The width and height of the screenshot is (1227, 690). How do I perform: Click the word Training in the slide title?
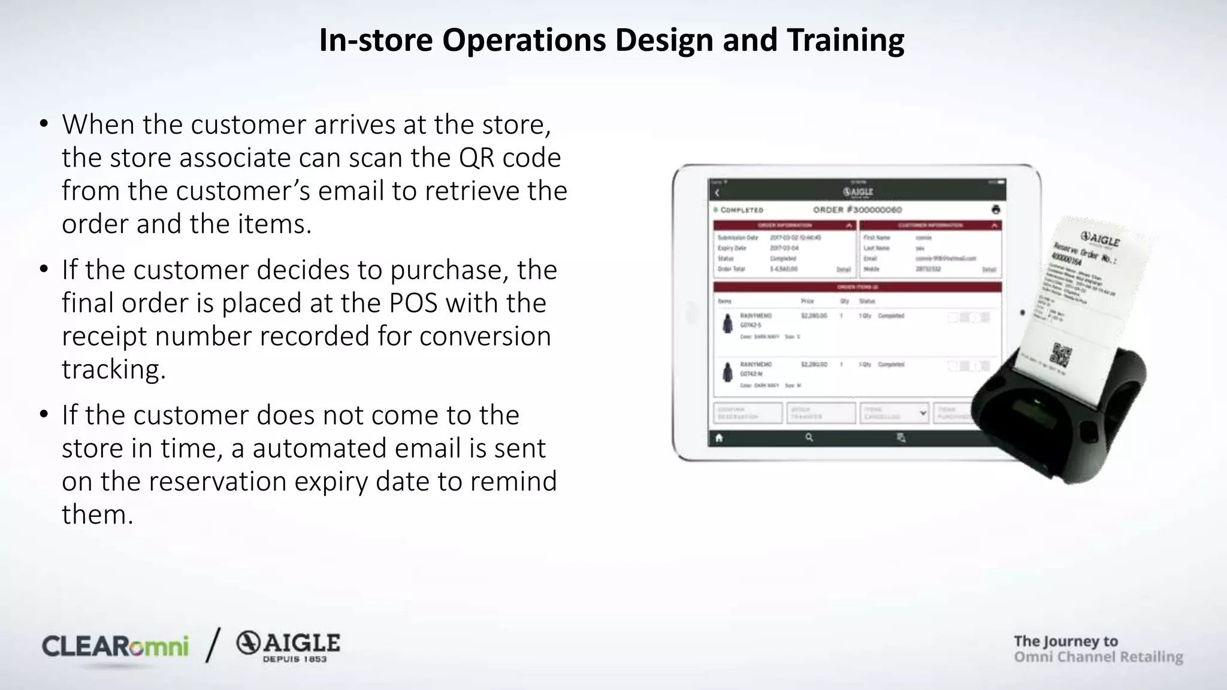click(845, 41)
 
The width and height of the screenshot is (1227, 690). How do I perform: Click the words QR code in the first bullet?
click(510, 158)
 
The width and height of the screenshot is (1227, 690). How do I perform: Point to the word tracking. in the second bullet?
click(114, 369)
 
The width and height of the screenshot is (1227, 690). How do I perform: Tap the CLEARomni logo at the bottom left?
click(115, 647)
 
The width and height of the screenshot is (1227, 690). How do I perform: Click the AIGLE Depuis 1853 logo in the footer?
click(288, 647)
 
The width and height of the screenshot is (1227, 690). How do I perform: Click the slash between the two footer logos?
click(213, 645)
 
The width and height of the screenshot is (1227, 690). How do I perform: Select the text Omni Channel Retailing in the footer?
click(1098, 657)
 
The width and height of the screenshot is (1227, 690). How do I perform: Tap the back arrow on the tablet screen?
click(718, 193)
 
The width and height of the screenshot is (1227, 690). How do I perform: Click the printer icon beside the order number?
click(995, 209)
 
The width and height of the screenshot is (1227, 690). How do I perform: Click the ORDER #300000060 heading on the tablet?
click(857, 210)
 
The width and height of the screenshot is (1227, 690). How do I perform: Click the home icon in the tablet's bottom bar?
click(719, 438)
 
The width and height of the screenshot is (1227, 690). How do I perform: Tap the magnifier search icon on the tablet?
click(809, 438)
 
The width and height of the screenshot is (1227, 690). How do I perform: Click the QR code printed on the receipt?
click(1061, 355)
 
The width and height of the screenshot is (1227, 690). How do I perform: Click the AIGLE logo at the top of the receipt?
click(1100, 240)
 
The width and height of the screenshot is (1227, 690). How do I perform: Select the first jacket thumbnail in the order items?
click(727, 324)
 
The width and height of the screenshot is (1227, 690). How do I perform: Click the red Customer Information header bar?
click(930, 225)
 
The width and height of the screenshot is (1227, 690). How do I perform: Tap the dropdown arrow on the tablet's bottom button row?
click(923, 413)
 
